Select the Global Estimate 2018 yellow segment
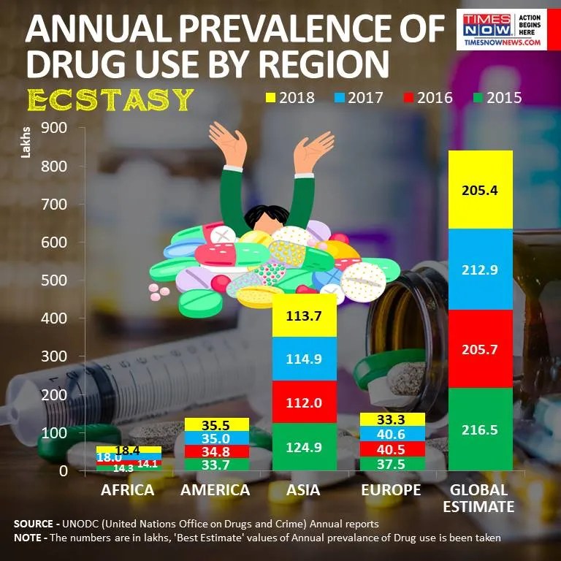coord(480,190)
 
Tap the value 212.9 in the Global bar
coord(480,270)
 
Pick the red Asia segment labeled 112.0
coord(304,402)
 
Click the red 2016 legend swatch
coord(406,96)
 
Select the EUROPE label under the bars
coord(391,490)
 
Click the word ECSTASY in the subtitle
coord(110,99)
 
